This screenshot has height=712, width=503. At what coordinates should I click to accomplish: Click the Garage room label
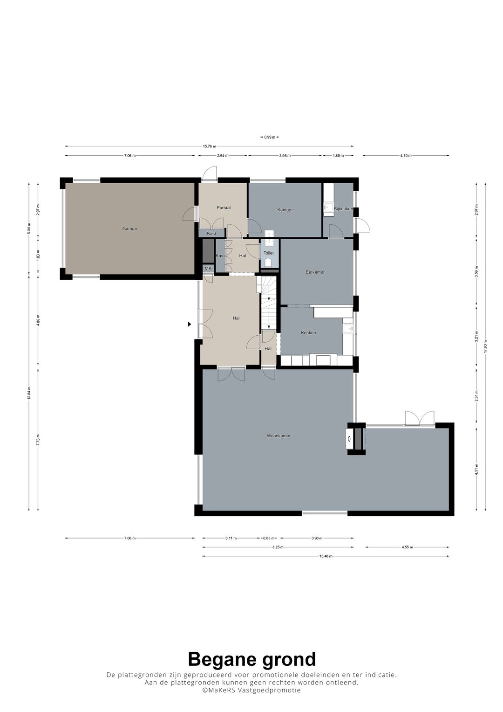(129, 229)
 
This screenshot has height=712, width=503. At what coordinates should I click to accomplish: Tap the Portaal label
(224, 208)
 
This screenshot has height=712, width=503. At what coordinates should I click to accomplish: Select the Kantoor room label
(285, 210)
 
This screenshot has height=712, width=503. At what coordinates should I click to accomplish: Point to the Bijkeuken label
(343, 209)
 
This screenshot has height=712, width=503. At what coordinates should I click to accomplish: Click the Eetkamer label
(315, 272)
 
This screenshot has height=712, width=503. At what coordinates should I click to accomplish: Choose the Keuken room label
(308, 333)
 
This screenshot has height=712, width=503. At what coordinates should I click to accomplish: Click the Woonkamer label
(279, 436)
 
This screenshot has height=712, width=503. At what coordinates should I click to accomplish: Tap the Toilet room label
(269, 253)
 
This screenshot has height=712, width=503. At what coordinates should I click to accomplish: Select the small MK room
(208, 269)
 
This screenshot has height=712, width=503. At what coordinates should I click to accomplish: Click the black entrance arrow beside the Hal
(190, 324)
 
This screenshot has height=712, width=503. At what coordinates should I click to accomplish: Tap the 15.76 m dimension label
(209, 146)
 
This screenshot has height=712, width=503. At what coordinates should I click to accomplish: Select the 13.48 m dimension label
(326, 556)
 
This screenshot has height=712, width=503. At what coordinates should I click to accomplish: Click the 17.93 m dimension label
(485, 347)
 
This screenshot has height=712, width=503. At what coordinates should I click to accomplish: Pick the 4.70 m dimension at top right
(406, 156)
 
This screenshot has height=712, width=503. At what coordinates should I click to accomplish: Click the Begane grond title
(251, 659)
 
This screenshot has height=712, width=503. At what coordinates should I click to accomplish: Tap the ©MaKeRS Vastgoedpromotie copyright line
(251, 691)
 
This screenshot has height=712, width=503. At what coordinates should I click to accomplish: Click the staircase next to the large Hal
(269, 303)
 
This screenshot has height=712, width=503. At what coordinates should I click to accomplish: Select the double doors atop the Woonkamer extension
(420, 419)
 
